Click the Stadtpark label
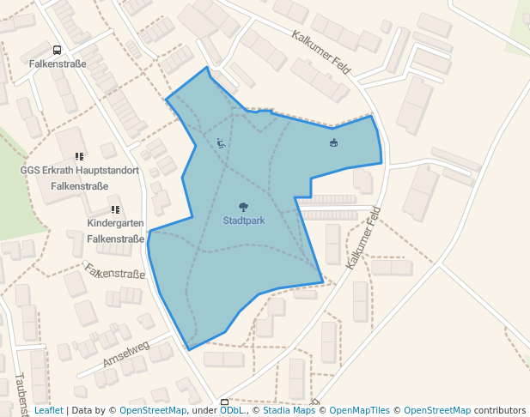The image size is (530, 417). point(244,221)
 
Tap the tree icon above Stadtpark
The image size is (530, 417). point(244,207)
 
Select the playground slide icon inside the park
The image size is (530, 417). point(221,143)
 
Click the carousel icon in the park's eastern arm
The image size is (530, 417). point(333,142)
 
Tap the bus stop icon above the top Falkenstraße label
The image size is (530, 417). point(57,51)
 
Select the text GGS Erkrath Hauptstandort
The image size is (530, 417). point(79,170)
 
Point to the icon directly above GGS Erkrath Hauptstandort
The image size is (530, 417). point(79,157)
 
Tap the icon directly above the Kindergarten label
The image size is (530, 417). point(115,209)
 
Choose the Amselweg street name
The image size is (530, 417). point(126,353)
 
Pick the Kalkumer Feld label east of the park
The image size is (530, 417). point(363,238)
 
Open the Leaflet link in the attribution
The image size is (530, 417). point(48,411)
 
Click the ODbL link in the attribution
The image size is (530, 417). point(231,411)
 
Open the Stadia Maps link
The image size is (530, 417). point(289,411)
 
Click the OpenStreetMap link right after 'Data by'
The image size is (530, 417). point(153,411)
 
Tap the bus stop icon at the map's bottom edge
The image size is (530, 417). point(225,402)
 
